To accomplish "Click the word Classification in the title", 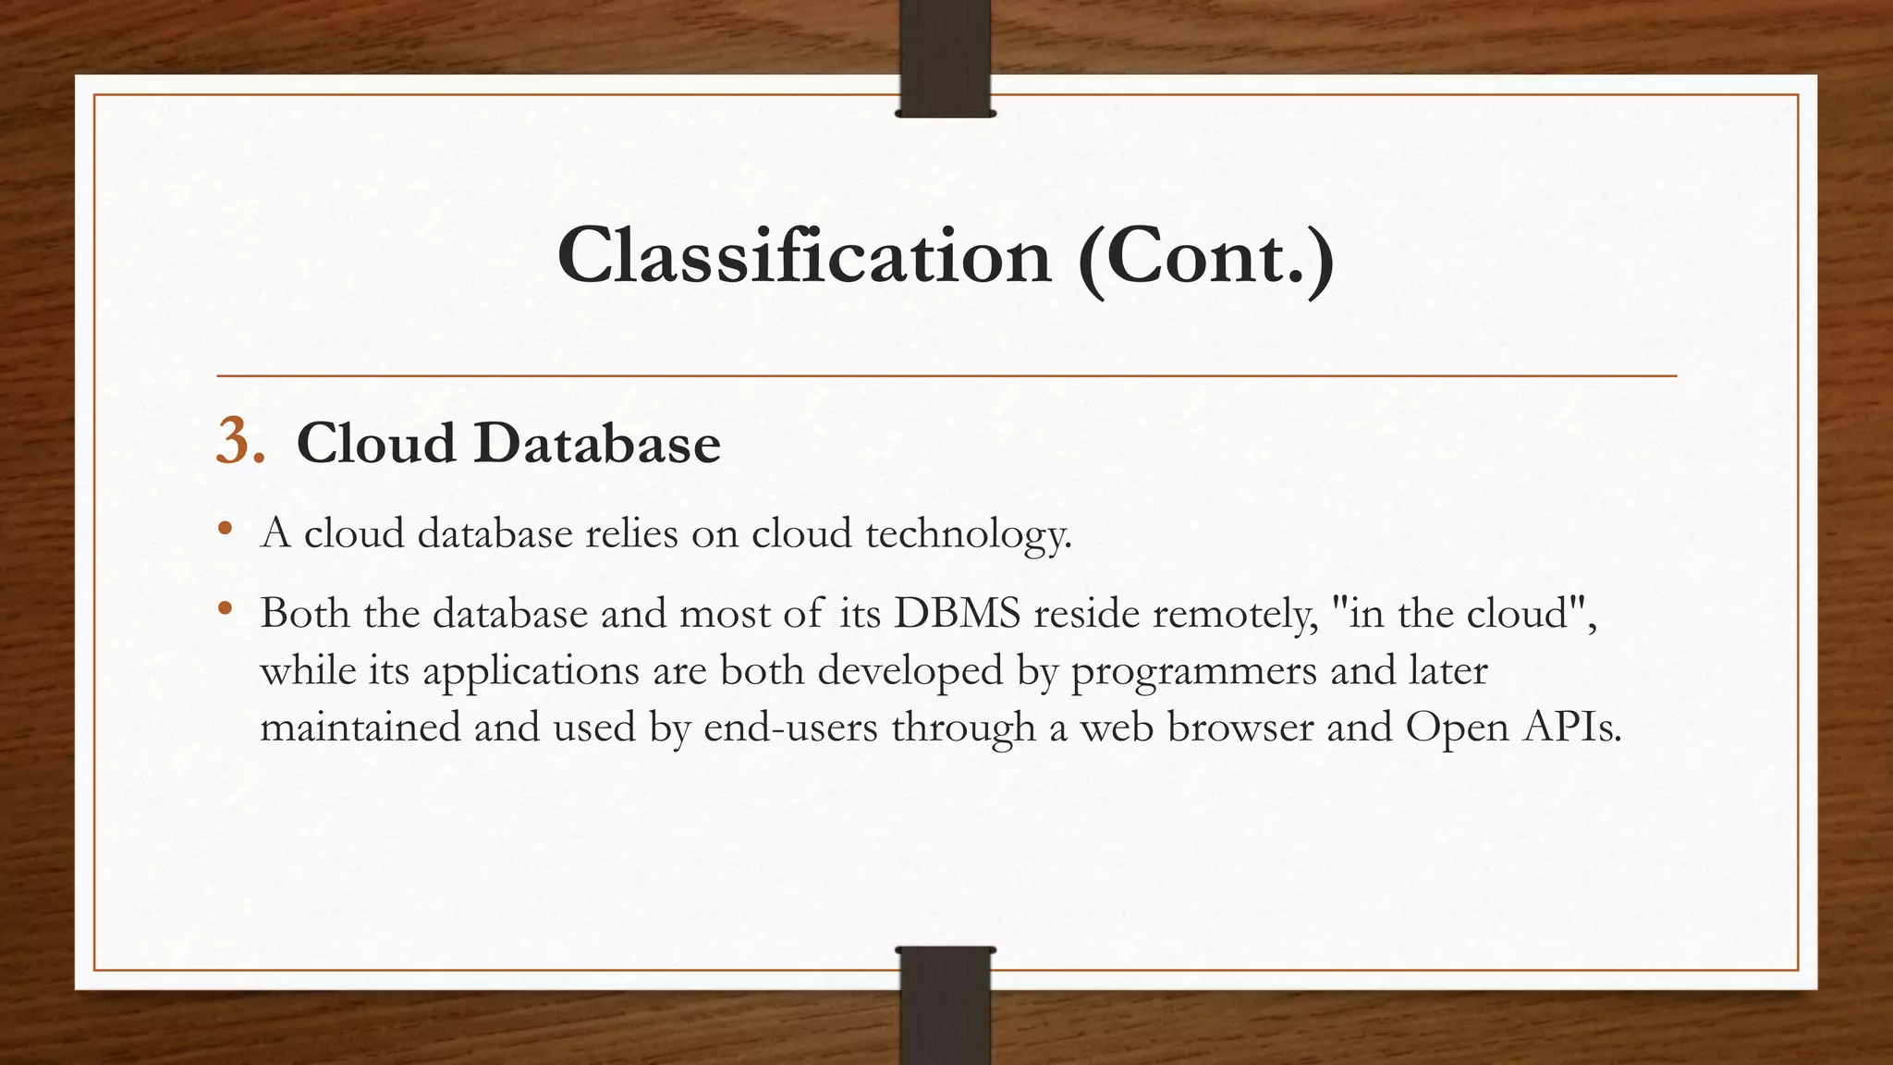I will [804, 256].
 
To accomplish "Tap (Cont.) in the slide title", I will [1205, 256].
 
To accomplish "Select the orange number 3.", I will [239, 441].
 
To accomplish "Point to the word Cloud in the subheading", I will [376, 444].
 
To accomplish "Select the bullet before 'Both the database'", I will [225, 609].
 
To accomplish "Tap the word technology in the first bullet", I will [968, 534].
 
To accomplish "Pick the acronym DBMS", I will [957, 613].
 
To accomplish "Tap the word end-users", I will [790, 728].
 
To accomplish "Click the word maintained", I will [360, 728].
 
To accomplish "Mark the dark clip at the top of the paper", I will [945, 58].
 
